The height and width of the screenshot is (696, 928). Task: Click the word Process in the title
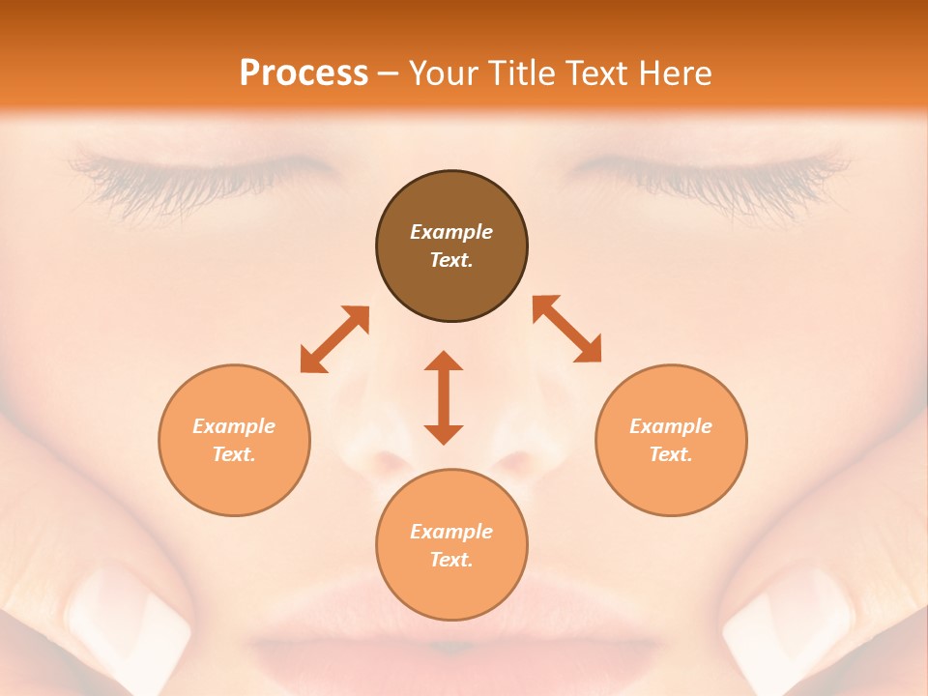(304, 73)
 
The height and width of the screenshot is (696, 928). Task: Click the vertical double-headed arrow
(444, 397)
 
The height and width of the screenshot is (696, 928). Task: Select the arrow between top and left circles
(334, 339)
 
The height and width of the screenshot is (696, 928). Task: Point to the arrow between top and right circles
(566, 329)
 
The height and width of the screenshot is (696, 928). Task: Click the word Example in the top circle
(451, 232)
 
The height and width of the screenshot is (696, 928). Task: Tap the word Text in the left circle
(234, 454)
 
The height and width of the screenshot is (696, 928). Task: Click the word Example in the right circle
(671, 426)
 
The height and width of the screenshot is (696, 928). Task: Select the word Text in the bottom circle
(451, 560)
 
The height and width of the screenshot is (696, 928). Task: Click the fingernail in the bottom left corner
(126, 619)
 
